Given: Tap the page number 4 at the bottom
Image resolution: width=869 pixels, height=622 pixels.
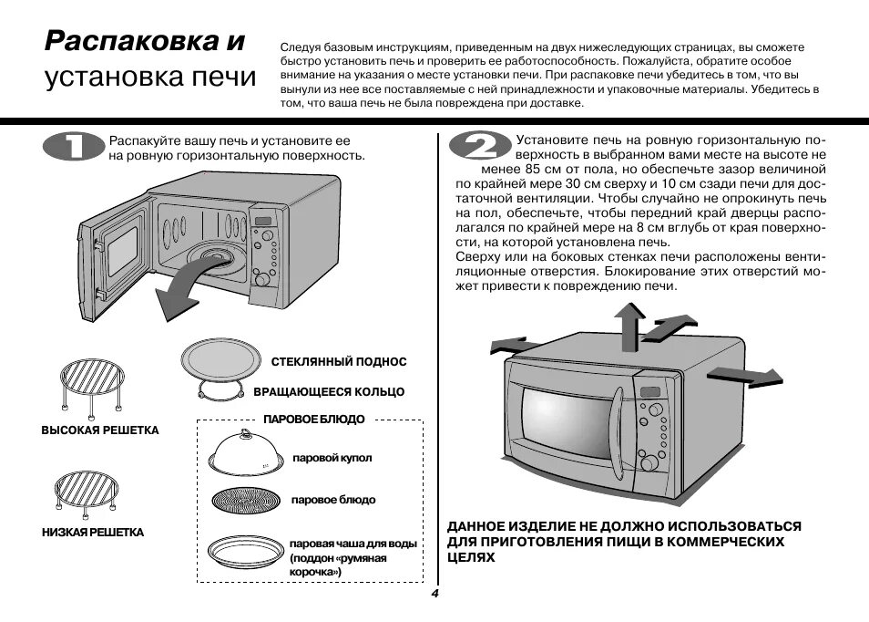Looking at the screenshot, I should (435, 594).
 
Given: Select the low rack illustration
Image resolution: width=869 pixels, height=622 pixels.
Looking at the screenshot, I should (87, 491).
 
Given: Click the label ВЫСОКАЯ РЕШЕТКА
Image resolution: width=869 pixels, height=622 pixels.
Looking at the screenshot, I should (100, 430).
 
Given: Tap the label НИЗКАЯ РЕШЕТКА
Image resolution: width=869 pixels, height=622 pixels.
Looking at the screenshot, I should (93, 532).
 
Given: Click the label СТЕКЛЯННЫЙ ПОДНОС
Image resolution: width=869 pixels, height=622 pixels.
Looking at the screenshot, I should (339, 362).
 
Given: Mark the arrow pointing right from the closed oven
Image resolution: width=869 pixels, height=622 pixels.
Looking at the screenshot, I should (745, 375).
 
